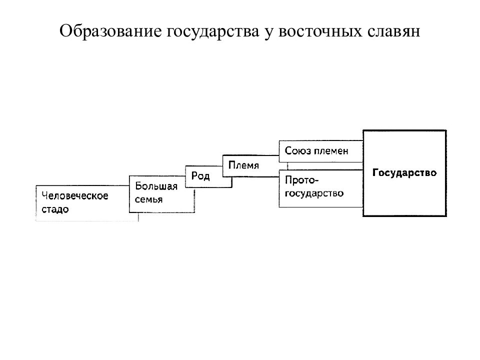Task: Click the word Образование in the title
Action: (110, 31)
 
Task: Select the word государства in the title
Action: (213, 32)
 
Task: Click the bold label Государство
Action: (404, 172)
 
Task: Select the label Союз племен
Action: (316, 150)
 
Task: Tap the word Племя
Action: (243, 165)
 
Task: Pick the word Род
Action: (200, 175)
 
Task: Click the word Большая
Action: (156, 186)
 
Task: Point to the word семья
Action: (148, 199)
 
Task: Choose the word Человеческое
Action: (75, 195)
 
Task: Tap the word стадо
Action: (55, 209)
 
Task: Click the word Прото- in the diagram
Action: (302, 180)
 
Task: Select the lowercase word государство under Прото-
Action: (314, 193)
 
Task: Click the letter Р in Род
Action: (194, 175)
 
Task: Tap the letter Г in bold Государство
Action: (376, 172)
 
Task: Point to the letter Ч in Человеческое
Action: (45, 195)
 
